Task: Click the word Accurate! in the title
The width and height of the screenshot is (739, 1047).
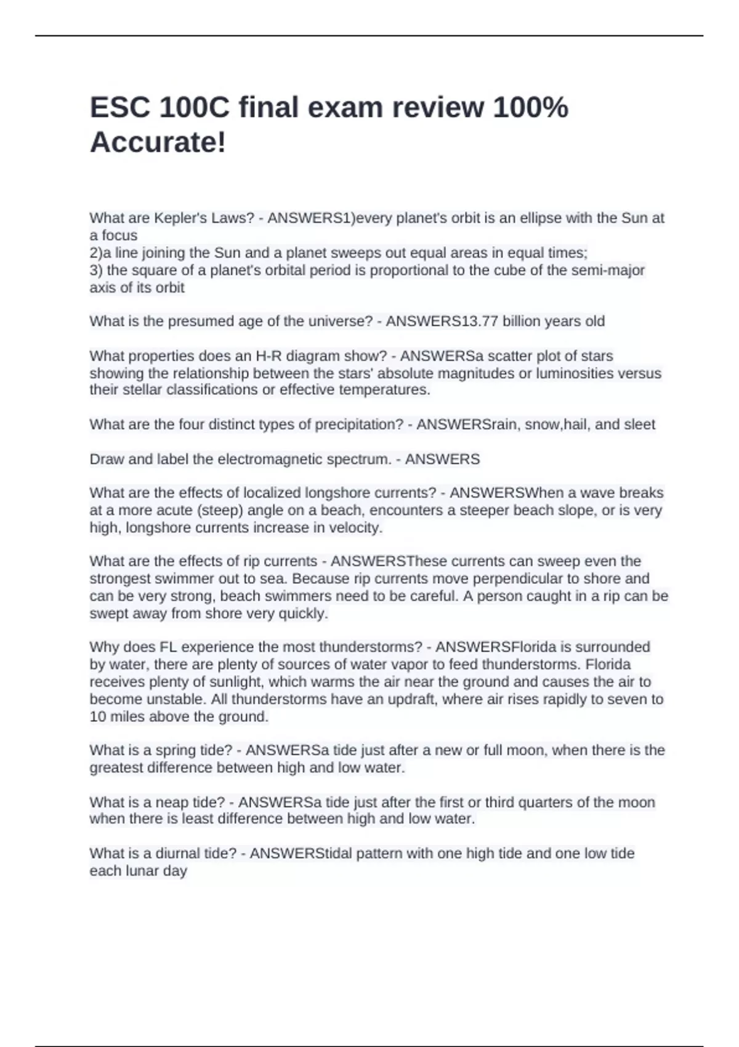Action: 158,143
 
